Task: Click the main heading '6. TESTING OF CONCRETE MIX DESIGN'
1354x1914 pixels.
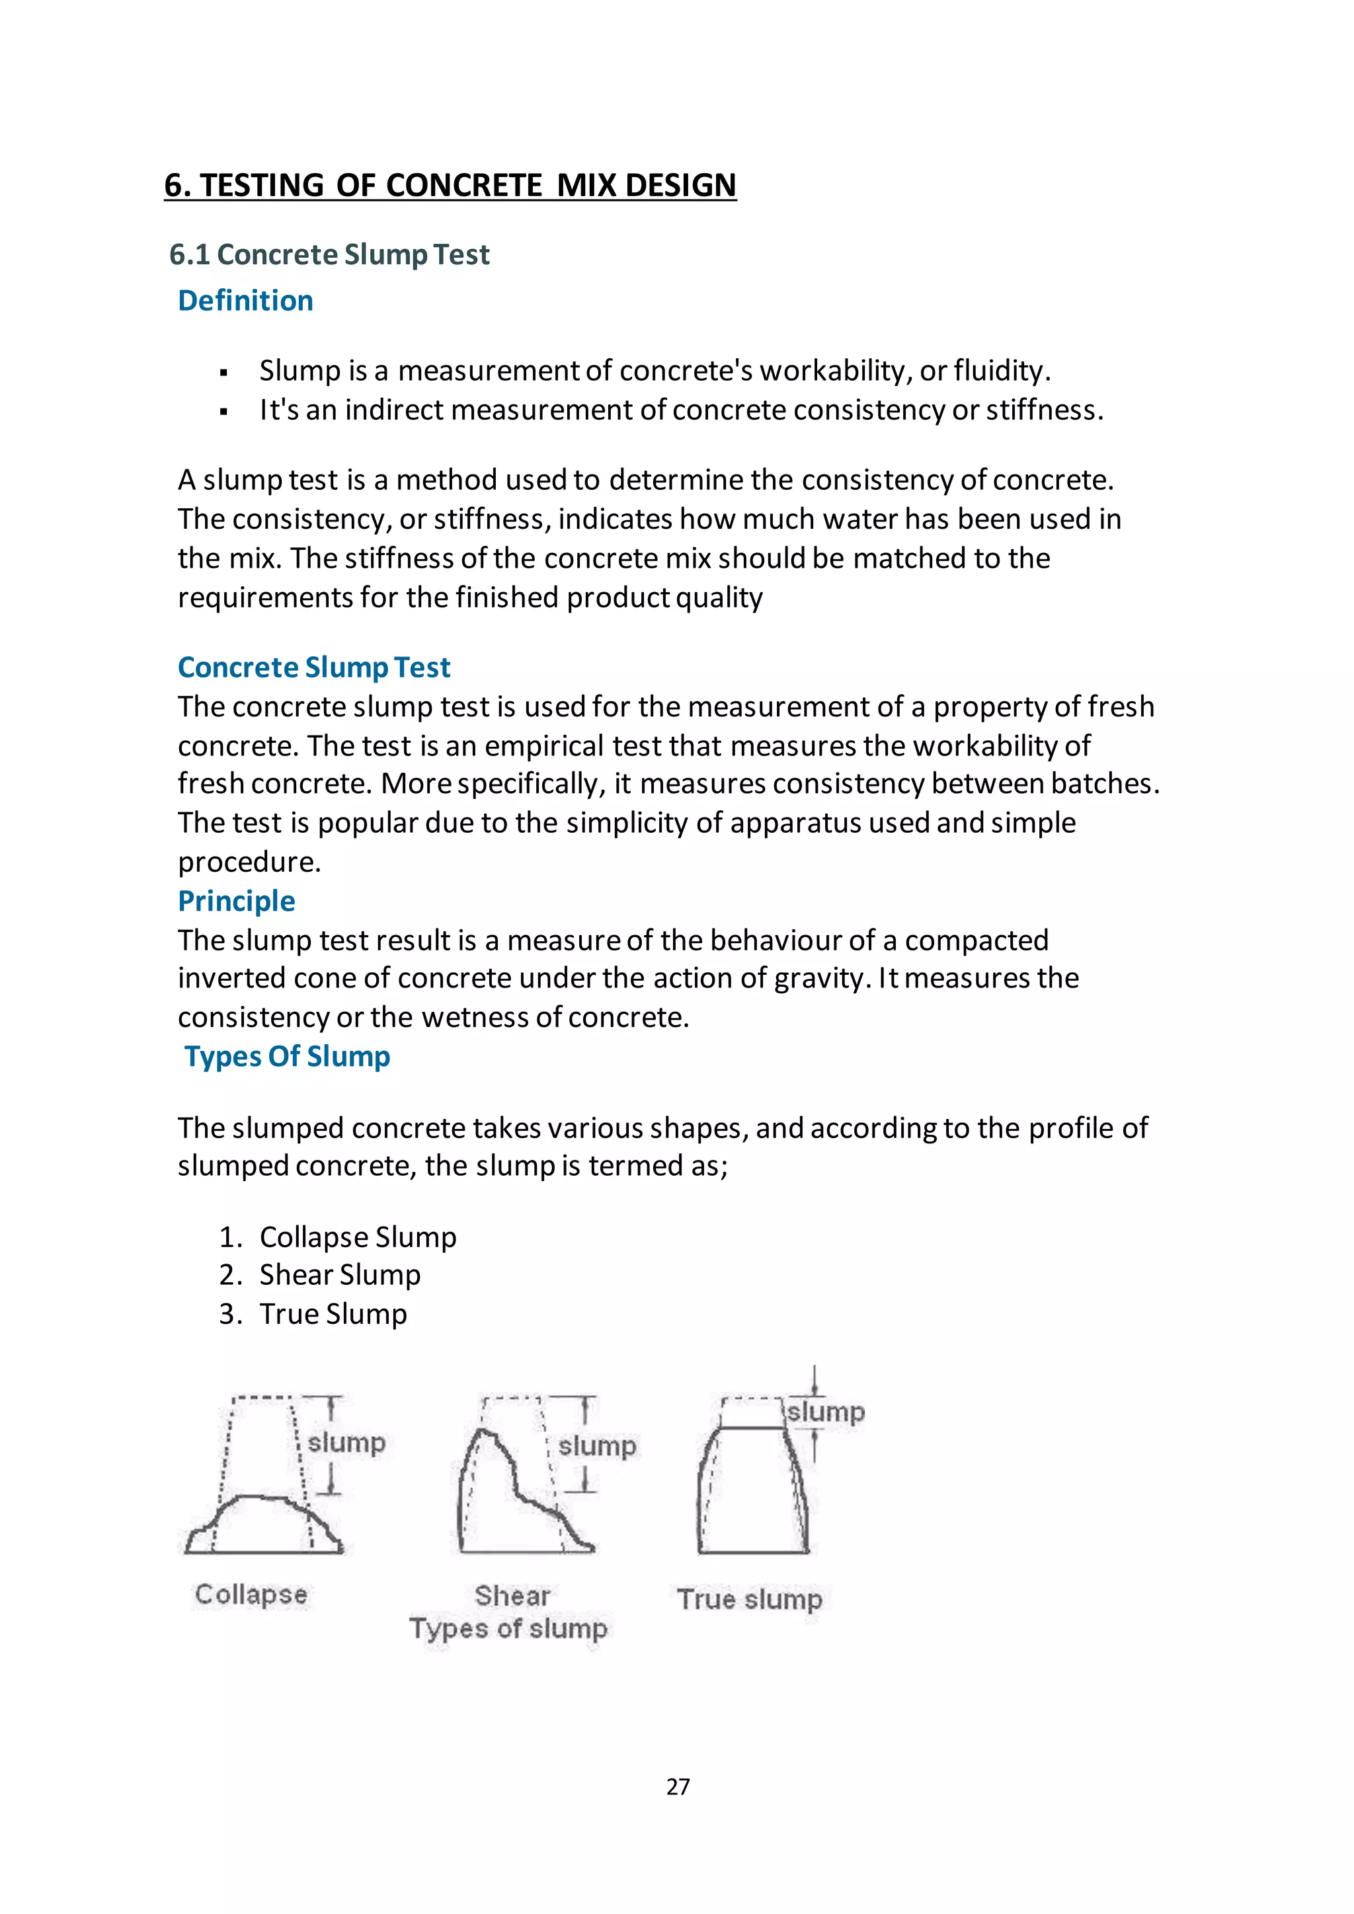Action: pyautogui.click(x=450, y=185)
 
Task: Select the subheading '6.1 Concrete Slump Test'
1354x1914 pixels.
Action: pyautogui.click(x=329, y=254)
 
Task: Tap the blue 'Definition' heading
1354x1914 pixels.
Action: pyautogui.click(x=245, y=300)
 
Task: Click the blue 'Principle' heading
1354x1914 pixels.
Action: pyautogui.click(x=236, y=900)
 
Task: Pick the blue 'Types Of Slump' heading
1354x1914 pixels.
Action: pyautogui.click(x=287, y=1056)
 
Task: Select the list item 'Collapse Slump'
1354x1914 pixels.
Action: pyautogui.click(x=358, y=1237)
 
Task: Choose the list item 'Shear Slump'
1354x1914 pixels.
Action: pyautogui.click(x=340, y=1275)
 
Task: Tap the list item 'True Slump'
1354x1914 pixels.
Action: pyautogui.click(x=333, y=1314)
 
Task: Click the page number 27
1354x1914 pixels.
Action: pyautogui.click(x=678, y=1786)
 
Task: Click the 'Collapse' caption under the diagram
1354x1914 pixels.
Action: pyautogui.click(x=251, y=1594)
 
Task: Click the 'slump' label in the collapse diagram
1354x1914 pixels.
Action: pyautogui.click(x=346, y=1442)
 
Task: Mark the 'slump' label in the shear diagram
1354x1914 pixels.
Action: pyautogui.click(x=597, y=1445)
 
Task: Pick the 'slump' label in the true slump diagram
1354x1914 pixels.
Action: pyautogui.click(x=826, y=1412)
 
